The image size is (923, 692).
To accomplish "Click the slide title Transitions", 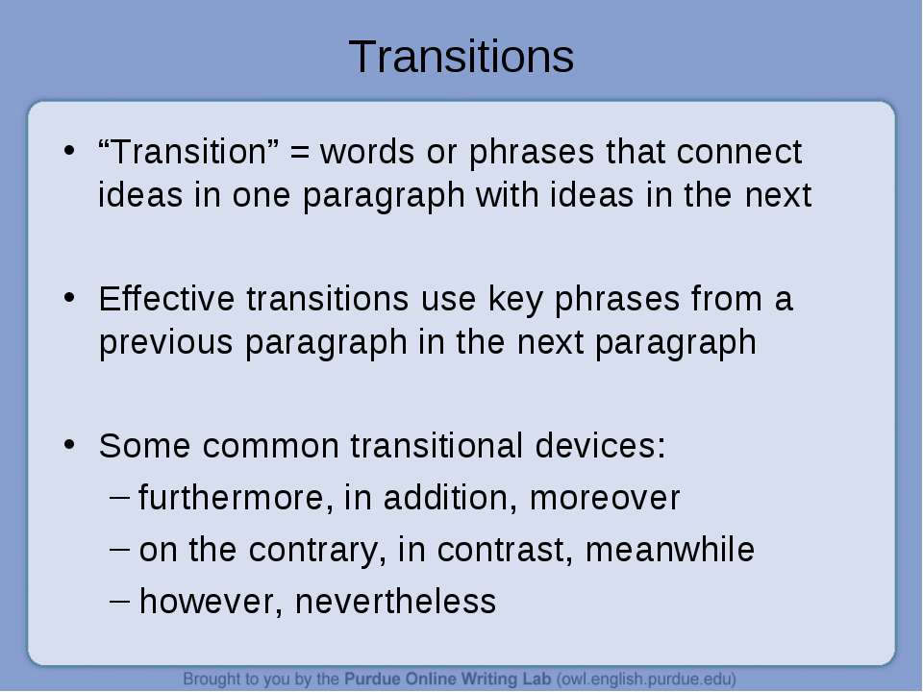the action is pos(461,57).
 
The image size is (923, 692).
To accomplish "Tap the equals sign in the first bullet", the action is pos(300,153).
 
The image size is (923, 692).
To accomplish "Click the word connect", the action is pos(738,152).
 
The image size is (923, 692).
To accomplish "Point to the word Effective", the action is pos(166,298).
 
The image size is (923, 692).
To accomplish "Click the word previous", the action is pos(166,342).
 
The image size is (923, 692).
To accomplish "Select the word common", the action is pos(271,445).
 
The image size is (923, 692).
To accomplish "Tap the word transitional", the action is pos(437,445).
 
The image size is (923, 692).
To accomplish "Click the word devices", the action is pos(600,445).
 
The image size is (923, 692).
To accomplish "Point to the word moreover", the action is pos(605,499).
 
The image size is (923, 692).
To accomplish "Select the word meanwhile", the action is pos(670,549).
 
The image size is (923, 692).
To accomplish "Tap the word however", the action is pos(211,602).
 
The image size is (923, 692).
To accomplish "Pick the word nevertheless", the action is pos(395,602).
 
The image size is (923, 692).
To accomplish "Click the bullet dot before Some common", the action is pos(69,444).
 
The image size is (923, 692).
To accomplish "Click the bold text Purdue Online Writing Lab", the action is pos(447,680).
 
